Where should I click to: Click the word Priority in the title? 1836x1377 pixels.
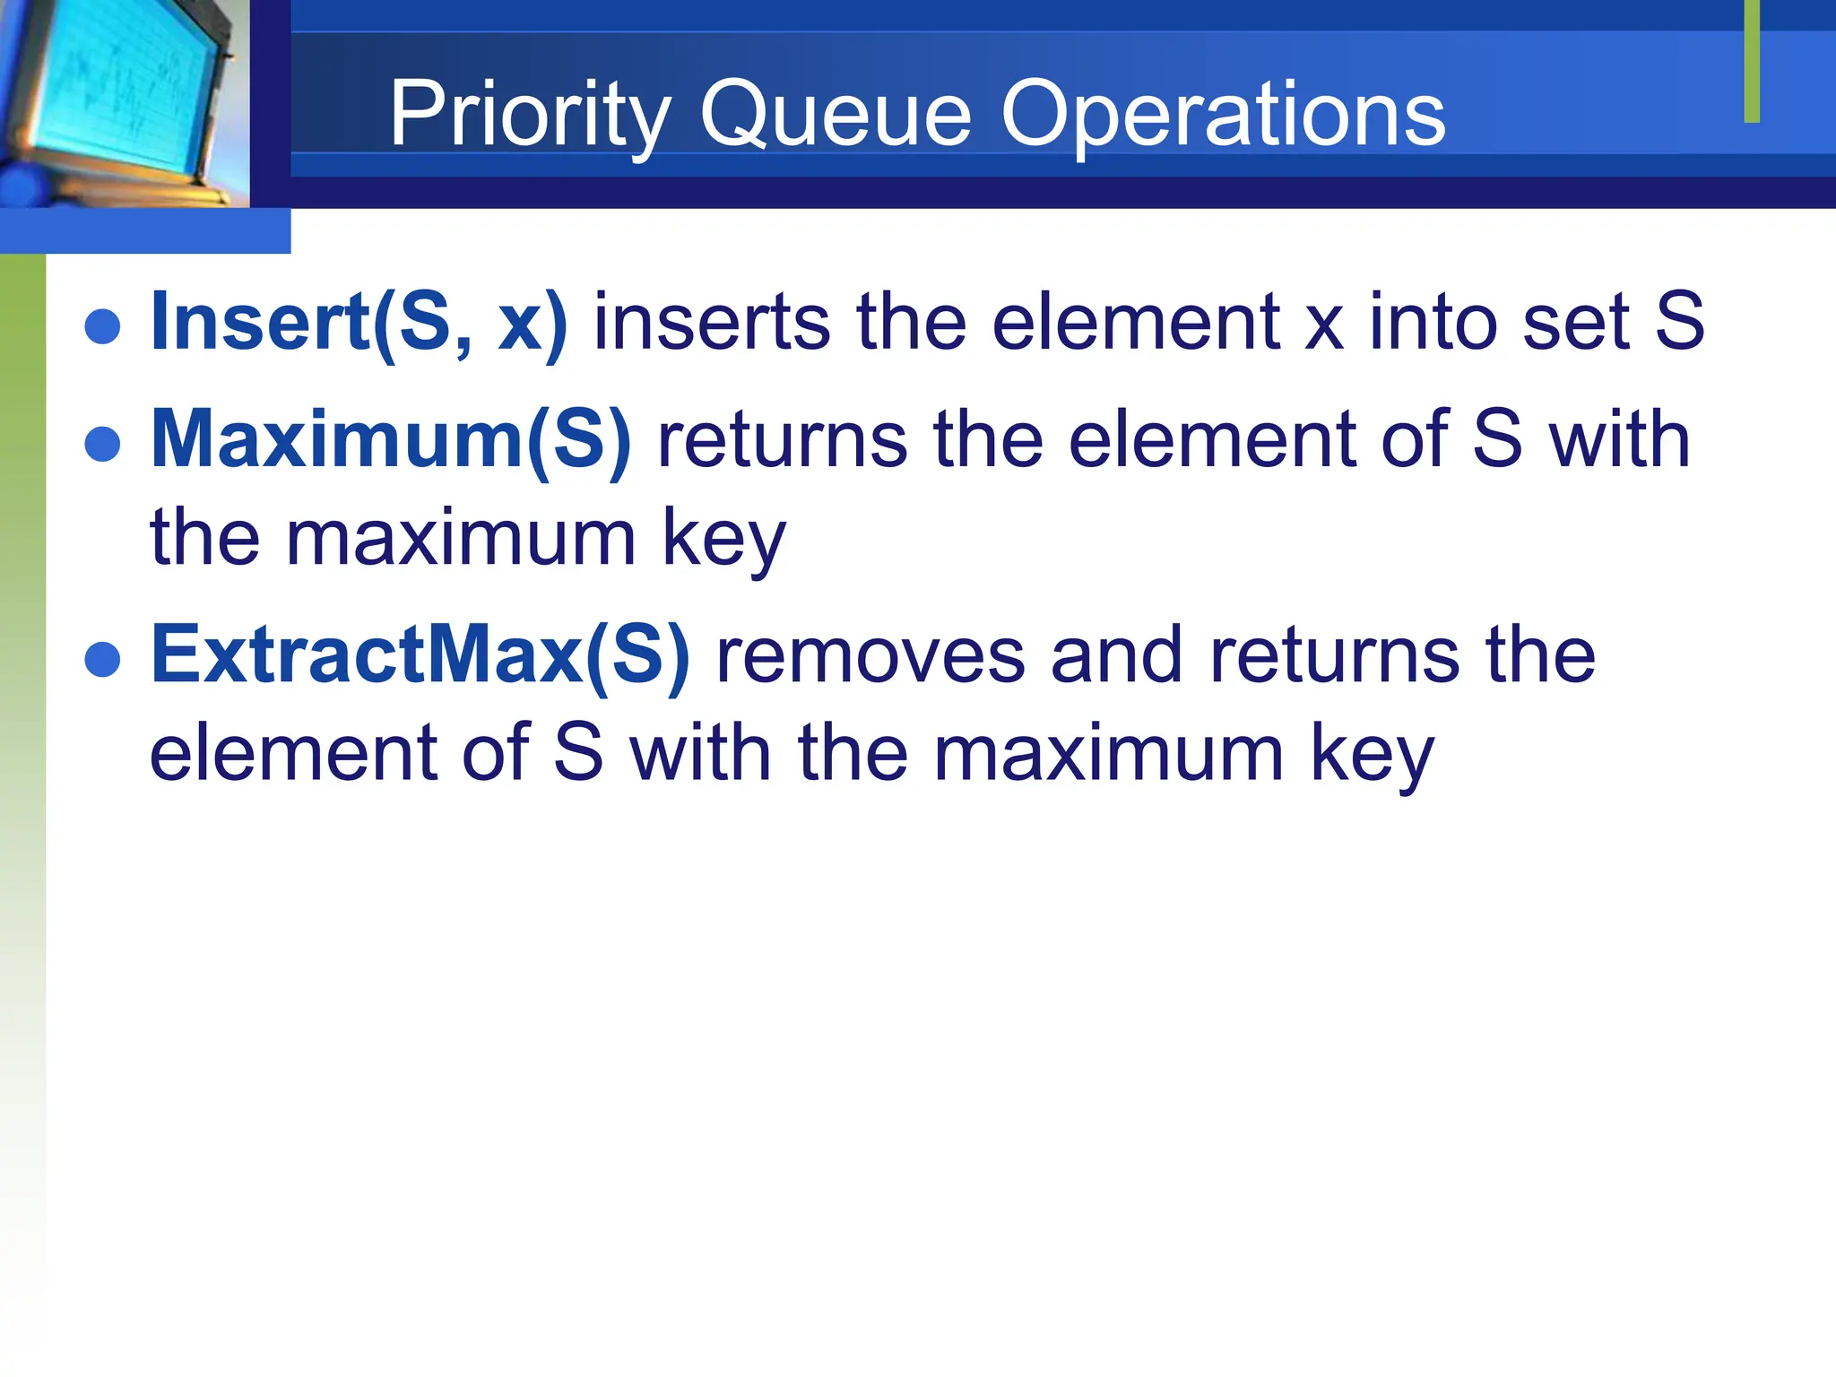pos(530,115)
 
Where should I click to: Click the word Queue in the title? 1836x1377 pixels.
pos(835,115)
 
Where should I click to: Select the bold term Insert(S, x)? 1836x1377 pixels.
pos(359,322)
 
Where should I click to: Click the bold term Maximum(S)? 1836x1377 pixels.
pos(391,439)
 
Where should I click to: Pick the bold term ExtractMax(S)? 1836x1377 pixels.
pos(420,654)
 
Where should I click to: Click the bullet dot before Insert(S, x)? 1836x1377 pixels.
pos(102,326)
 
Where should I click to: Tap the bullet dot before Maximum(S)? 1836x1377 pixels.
pos(102,444)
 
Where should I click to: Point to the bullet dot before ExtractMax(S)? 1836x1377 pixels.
pos(102,659)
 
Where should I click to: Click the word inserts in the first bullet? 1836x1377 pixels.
pos(712,322)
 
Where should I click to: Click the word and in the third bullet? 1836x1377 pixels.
pos(1117,654)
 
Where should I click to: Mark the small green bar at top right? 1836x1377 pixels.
pos(1752,61)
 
